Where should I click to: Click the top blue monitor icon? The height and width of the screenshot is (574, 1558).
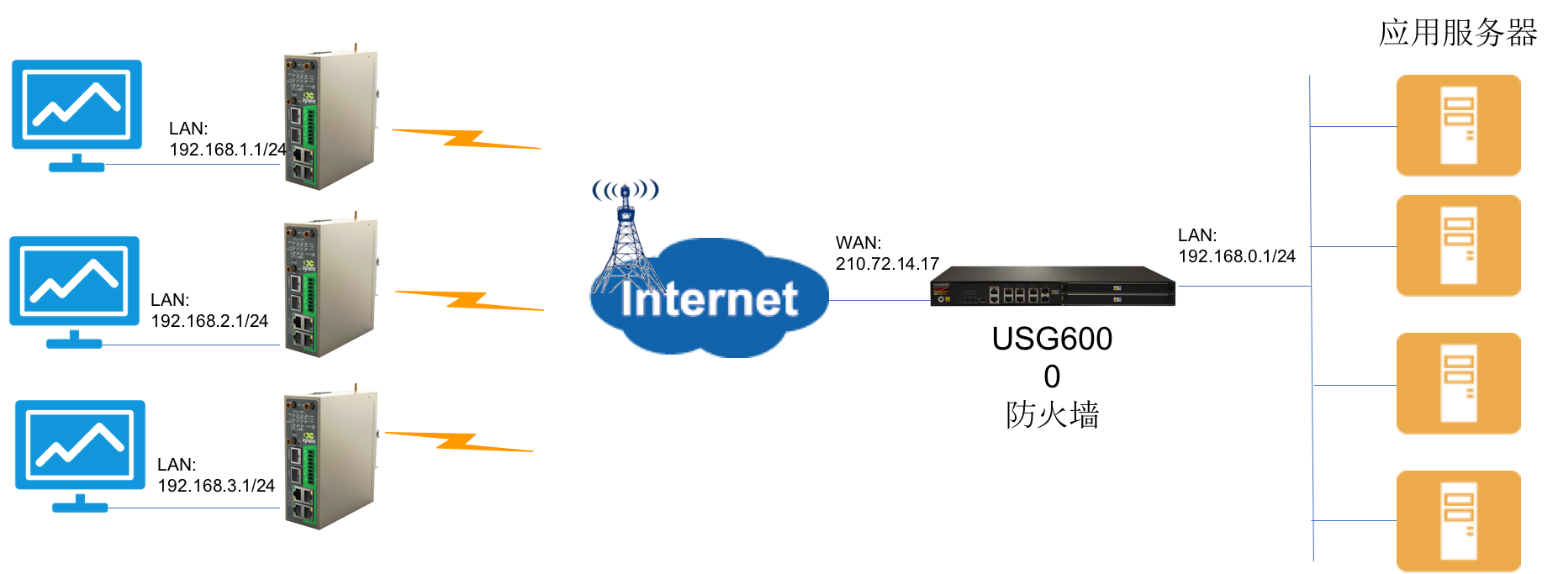coord(77,104)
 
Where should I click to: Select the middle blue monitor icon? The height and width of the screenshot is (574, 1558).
coord(74,281)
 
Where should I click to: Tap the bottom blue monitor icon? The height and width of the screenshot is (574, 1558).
coord(80,445)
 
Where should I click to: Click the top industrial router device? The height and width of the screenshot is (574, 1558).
coord(331,116)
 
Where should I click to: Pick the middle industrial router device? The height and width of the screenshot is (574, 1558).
coord(331,284)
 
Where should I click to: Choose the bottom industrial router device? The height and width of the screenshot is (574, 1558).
coord(331,456)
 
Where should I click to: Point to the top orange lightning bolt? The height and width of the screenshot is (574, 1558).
coord(466,140)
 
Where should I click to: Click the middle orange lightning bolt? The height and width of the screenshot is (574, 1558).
coord(469,300)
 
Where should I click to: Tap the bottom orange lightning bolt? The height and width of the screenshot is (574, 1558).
coord(458,442)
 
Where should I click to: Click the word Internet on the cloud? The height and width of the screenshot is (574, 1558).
coord(709,300)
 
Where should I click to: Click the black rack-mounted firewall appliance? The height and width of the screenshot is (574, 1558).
coord(1053,287)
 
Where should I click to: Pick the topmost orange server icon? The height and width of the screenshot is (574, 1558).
coord(1459,126)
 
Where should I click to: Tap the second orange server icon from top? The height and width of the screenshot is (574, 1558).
coord(1459,246)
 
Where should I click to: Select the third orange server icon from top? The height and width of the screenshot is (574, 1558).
coord(1459,384)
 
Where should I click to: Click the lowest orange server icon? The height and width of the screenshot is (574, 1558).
coord(1459,521)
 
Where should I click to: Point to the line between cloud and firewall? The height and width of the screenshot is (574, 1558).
coord(879,300)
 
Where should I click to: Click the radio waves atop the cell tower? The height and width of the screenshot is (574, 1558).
coord(625,190)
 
